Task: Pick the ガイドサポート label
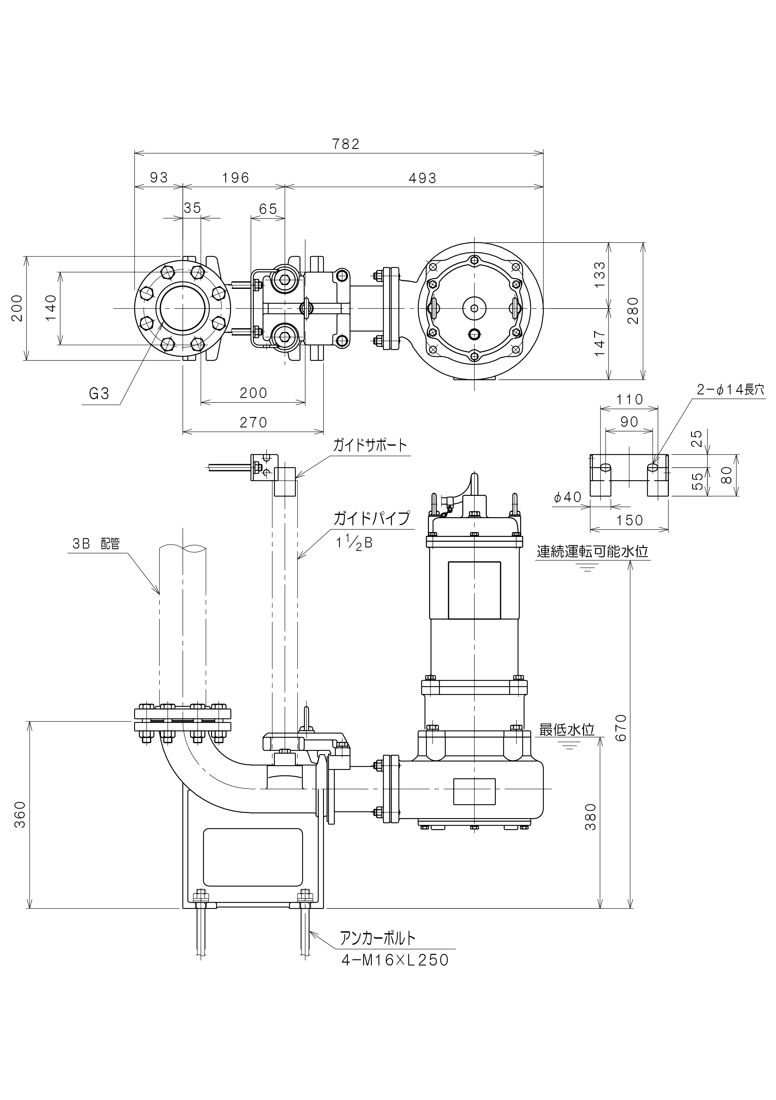[x=370, y=445]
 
